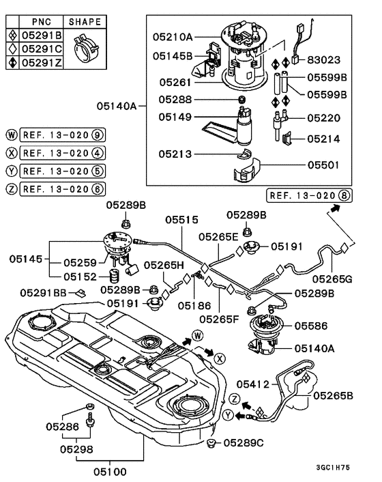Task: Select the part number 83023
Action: pos(324,60)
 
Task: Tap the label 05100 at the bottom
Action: pos(109,471)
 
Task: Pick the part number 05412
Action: pos(254,386)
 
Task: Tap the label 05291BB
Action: pos(43,292)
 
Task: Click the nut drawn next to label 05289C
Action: pos(212,445)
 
